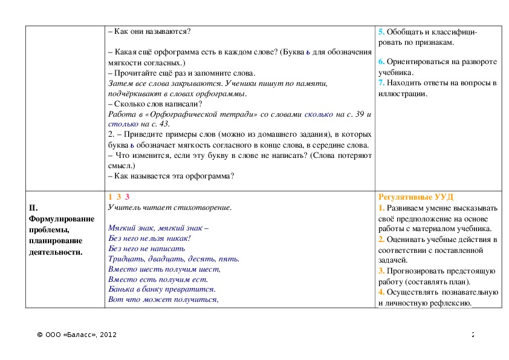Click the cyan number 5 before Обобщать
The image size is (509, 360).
(381, 31)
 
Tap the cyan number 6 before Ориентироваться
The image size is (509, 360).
(381, 62)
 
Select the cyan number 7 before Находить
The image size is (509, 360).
(381, 83)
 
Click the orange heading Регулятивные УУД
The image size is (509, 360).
(416, 197)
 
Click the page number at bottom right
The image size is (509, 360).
(473, 335)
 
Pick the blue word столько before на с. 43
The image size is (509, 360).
(122, 124)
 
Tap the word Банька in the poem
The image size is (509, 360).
(122, 289)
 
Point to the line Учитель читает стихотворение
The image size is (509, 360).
(170, 208)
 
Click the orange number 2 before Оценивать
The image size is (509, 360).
(381, 240)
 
